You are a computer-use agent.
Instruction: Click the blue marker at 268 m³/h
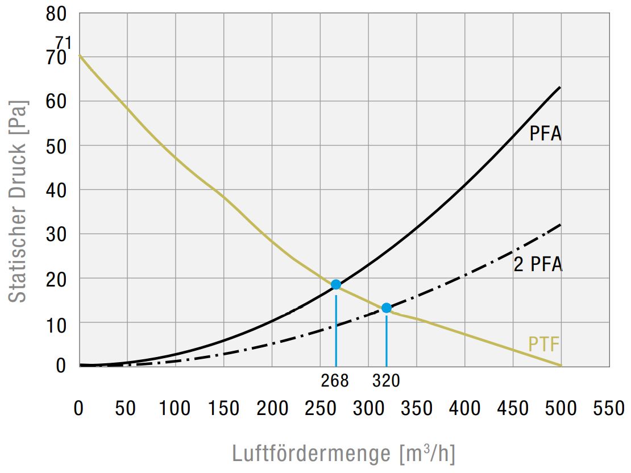point(336,284)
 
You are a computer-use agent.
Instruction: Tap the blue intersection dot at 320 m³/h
point(387,308)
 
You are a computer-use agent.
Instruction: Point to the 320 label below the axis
point(386,380)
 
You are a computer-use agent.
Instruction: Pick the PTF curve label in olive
point(544,345)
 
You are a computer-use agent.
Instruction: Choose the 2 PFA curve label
point(538,264)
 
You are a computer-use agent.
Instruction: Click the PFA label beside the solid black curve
point(545,134)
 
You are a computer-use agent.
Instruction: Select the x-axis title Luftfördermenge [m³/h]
point(343,454)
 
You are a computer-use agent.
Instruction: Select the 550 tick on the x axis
point(609,408)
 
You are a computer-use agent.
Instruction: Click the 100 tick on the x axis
point(175,408)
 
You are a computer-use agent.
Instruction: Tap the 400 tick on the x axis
point(464,408)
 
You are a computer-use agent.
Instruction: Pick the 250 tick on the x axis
point(319,408)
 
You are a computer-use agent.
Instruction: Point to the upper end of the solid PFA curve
point(560,88)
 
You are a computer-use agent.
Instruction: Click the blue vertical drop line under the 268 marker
point(336,330)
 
